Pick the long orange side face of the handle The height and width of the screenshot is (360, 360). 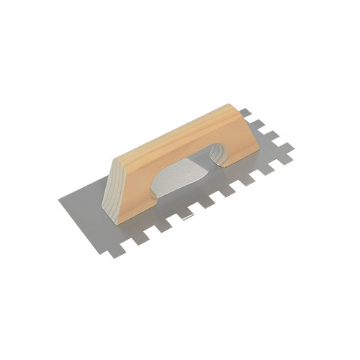pyautogui.click(x=187, y=151)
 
